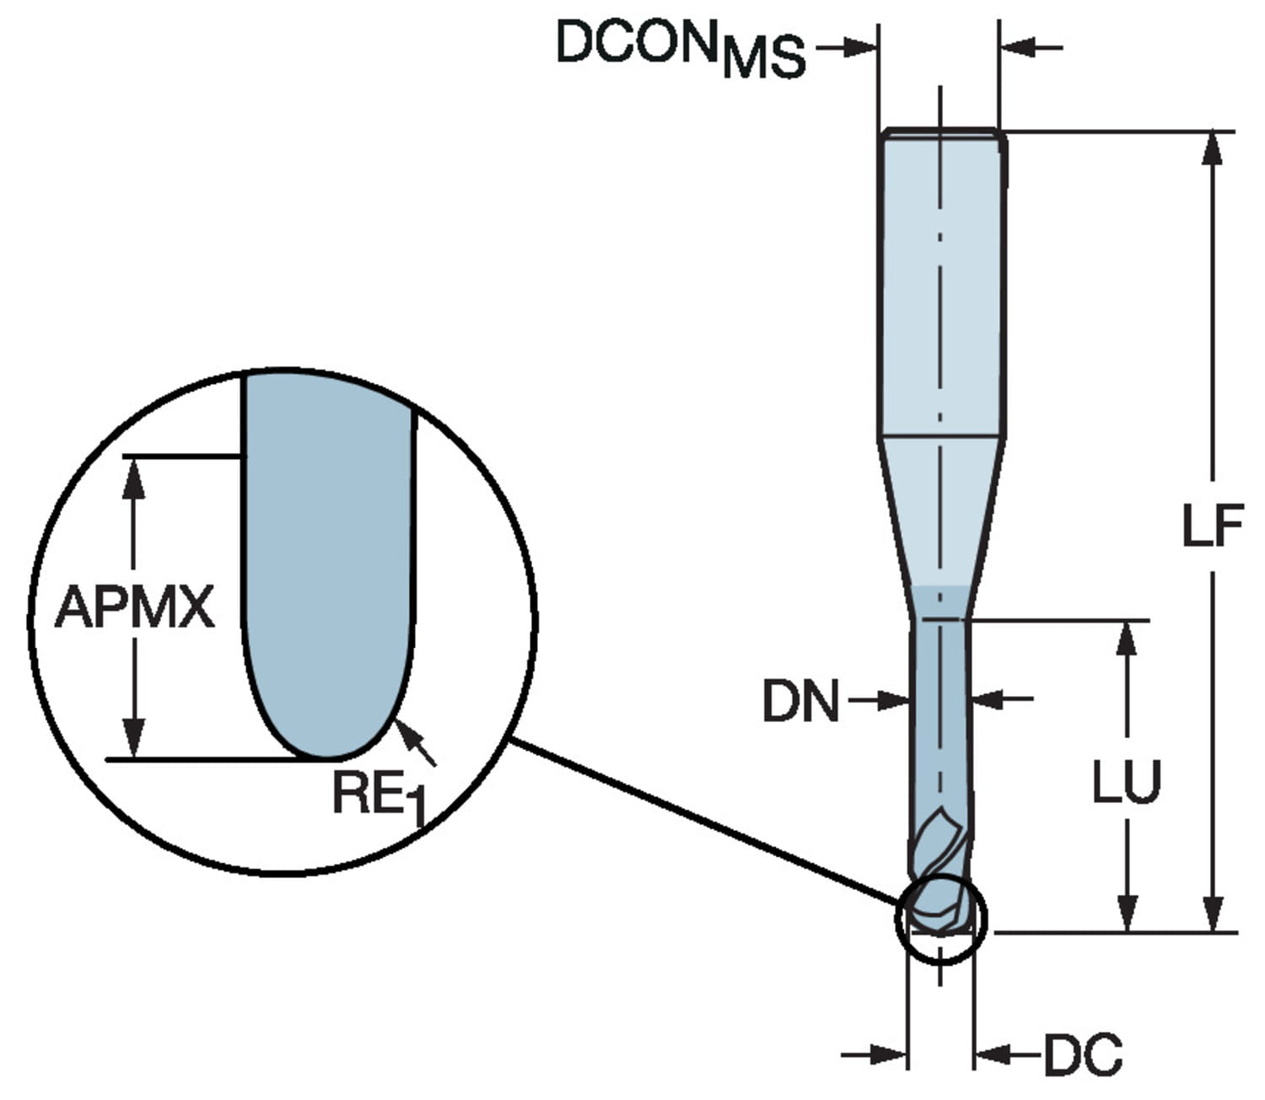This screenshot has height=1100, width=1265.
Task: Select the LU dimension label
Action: pos(1127,782)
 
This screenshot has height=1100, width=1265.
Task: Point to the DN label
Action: pos(800,701)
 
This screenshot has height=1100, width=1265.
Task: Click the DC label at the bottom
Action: pos(1083,1054)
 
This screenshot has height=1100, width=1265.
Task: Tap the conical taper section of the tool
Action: pos(940,515)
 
